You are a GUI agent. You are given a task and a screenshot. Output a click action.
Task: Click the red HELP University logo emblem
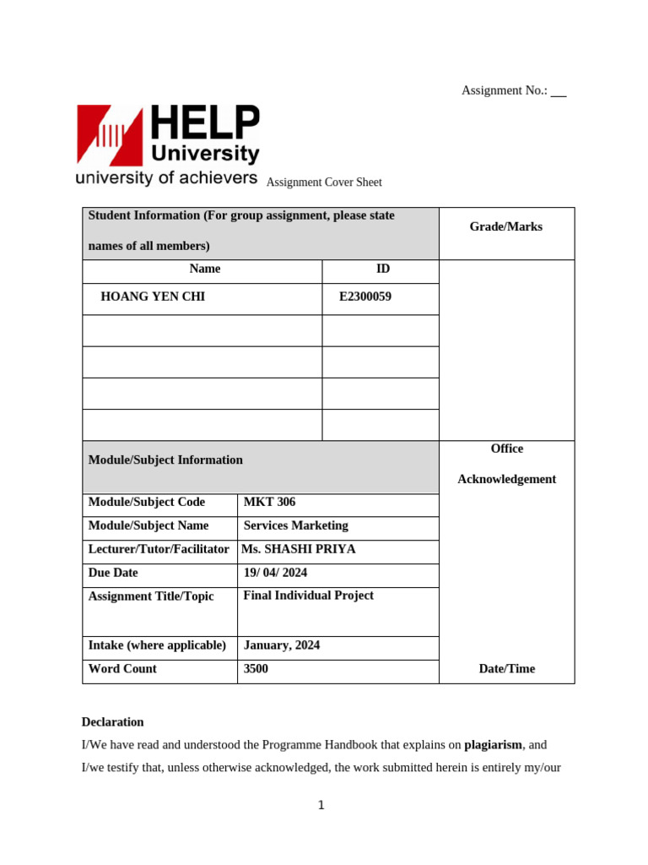[111, 134]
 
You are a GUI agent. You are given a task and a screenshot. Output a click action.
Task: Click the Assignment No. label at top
[504, 90]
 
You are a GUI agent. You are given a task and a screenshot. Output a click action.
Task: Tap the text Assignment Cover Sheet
[324, 182]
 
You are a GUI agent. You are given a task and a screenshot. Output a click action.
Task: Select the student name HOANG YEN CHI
[153, 296]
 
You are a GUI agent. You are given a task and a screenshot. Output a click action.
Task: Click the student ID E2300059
[364, 296]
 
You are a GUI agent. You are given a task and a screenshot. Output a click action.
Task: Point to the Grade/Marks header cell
[505, 226]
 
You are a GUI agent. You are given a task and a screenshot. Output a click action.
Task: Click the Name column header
[205, 269]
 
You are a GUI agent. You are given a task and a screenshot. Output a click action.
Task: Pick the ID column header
[382, 269]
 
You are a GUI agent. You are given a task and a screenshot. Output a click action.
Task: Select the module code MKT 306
[269, 502]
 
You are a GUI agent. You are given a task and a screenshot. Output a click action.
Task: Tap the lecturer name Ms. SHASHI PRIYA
[298, 549]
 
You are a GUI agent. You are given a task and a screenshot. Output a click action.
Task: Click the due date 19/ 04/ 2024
[275, 573]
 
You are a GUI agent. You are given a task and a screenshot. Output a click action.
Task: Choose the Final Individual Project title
[308, 596]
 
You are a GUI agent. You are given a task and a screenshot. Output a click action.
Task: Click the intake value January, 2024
[281, 645]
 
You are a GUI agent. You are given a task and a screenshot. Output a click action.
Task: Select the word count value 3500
[256, 669]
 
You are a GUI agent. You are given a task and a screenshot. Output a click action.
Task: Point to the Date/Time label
[506, 669]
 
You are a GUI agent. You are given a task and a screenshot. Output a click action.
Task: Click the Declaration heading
[112, 722]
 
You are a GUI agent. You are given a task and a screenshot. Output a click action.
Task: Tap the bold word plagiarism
[493, 745]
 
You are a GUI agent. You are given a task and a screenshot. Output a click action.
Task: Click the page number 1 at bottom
[321, 805]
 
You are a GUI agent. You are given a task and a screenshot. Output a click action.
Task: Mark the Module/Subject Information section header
[165, 460]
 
